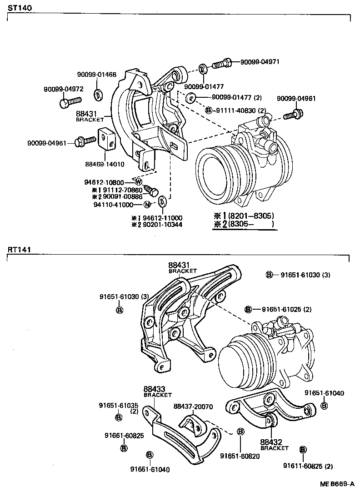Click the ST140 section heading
coord(16,8)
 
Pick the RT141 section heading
coord(16,249)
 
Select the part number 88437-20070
coord(193,406)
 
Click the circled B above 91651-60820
coord(240,432)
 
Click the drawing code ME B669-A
coord(336,484)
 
